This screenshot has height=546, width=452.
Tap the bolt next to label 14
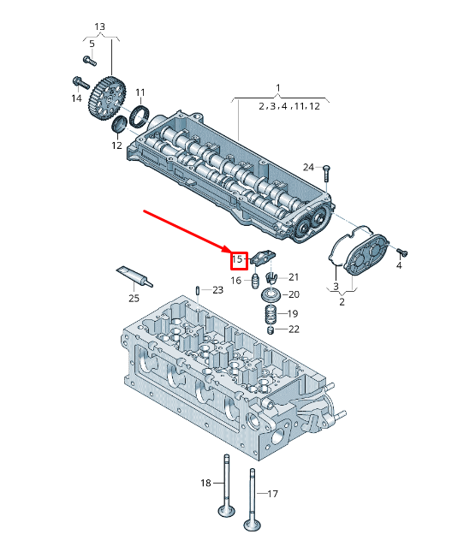79,83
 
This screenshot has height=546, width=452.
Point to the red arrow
184,230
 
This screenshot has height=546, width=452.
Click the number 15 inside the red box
239,258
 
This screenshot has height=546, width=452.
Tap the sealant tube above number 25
134,276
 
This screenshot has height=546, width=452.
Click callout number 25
134,298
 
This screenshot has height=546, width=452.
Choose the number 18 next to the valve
205,484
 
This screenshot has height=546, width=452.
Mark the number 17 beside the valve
273,494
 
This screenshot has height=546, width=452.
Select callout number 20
293,294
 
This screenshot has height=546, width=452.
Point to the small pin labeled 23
199,289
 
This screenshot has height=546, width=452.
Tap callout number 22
293,329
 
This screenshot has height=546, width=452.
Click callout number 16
236,280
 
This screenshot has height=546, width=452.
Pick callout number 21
294,276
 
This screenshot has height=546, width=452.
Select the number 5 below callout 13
92,43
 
